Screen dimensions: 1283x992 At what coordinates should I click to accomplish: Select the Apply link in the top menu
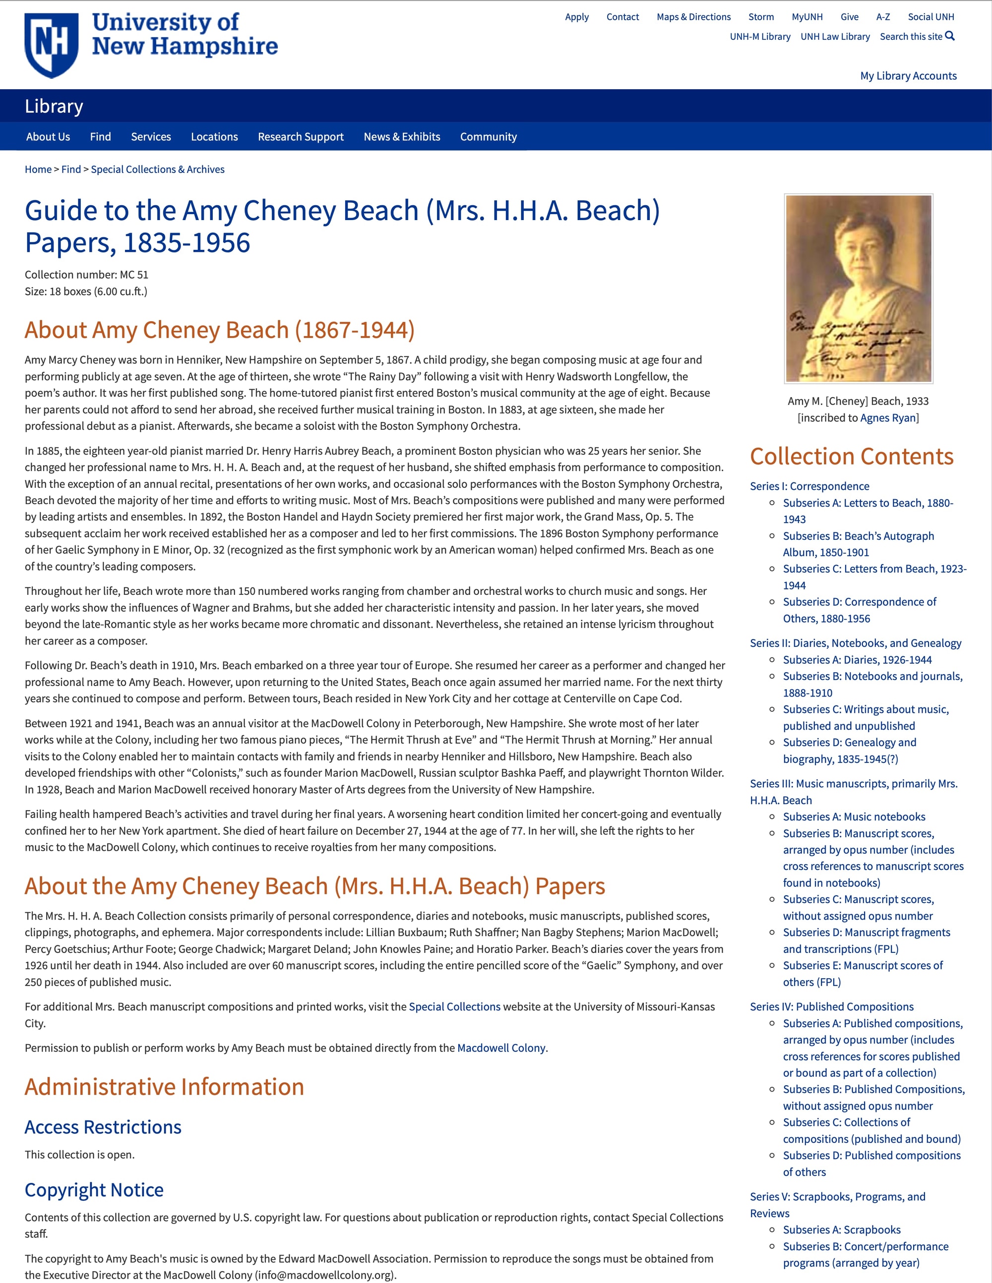pyautogui.click(x=576, y=17)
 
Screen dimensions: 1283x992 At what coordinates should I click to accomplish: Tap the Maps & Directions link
pyautogui.click(x=693, y=17)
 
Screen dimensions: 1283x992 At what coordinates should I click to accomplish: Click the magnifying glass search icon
pyautogui.click(x=950, y=36)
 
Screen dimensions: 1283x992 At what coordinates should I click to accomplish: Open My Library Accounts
pyautogui.click(x=908, y=76)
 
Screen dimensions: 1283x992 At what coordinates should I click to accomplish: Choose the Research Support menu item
pyautogui.click(x=300, y=137)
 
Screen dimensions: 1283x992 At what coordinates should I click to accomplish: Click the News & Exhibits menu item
pyautogui.click(x=401, y=137)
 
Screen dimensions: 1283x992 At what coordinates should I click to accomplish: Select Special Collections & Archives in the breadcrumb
pyautogui.click(x=158, y=170)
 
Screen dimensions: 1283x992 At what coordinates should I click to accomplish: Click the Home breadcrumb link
pyautogui.click(x=38, y=170)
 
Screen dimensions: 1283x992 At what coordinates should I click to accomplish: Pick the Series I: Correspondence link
pyautogui.click(x=809, y=486)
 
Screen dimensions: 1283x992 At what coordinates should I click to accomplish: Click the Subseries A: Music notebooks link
pyautogui.click(x=854, y=816)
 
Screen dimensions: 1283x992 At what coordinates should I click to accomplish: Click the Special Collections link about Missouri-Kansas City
pyautogui.click(x=454, y=1007)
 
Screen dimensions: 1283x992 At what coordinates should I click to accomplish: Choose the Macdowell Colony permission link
pyautogui.click(x=501, y=1048)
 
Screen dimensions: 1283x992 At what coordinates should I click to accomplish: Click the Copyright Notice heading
pyautogui.click(x=94, y=1190)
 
